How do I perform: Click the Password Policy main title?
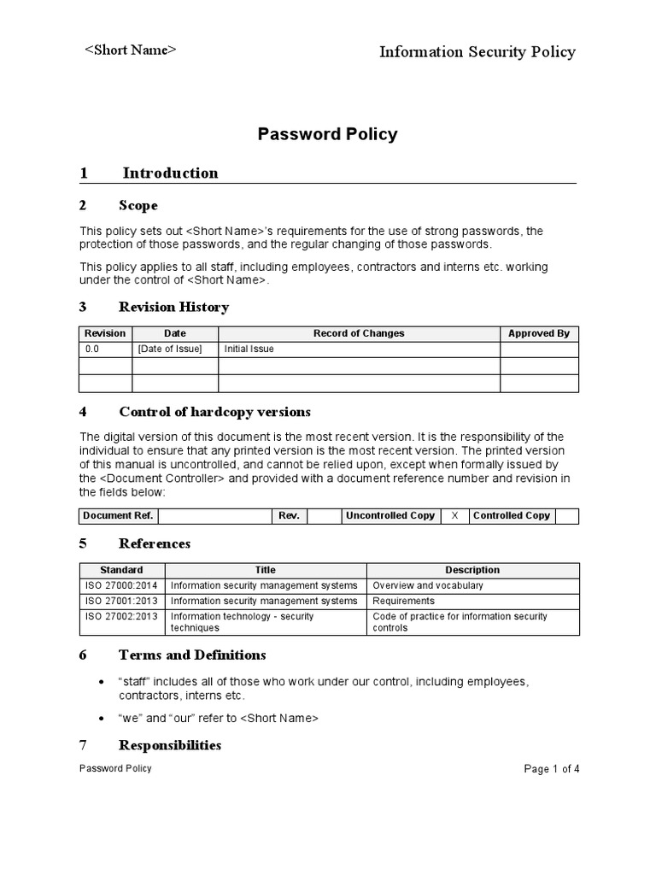click(x=328, y=134)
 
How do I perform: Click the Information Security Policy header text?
click(x=477, y=52)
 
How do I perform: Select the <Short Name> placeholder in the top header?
click(x=131, y=50)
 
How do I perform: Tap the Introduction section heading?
click(x=170, y=173)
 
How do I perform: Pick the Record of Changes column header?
click(x=359, y=333)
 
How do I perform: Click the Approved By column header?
click(x=538, y=333)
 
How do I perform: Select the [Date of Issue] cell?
click(x=170, y=349)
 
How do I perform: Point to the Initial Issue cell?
click(x=249, y=349)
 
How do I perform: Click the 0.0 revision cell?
click(x=92, y=349)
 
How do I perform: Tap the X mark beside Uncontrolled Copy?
click(x=454, y=515)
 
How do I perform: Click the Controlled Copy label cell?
click(x=511, y=515)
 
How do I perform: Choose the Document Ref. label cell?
click(x=118, y=515)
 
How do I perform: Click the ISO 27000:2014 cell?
click(x=121, y=585)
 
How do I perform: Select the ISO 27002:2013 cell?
click(x=121, y=616)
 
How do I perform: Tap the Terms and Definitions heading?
click(x=192, y=655)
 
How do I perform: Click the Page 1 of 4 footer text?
click(x=551, y=769)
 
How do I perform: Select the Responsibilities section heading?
click(x=170, y=745)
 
